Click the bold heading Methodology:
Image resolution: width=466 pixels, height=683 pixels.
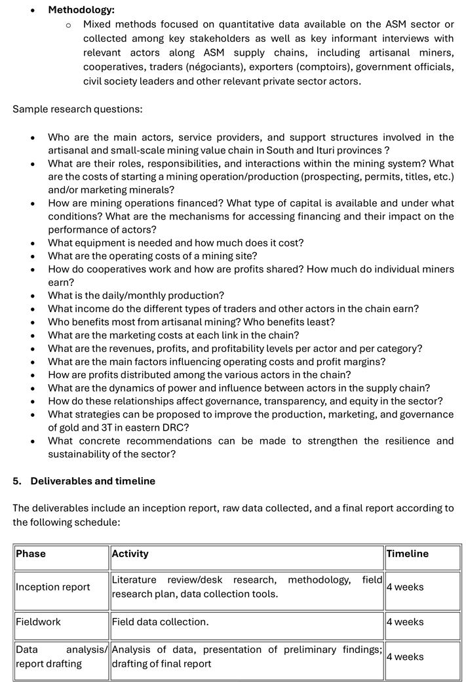click(x=81, y=10)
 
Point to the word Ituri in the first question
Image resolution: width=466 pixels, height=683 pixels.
click(x=340, y=150)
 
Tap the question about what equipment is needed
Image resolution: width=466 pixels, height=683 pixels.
click(x=176, y=243)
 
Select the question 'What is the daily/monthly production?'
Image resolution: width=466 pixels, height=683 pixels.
click(x=136, y=296)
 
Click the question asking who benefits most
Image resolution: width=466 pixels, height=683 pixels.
click(x=191, y=322)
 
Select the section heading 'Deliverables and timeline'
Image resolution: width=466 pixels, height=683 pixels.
click(x=92, y=481)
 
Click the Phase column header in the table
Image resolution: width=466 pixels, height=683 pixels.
click(x=31, y=554)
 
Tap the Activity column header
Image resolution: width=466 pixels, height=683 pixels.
click(x=130, y=554)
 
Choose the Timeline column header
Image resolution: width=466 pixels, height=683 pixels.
click(x=407, y=554)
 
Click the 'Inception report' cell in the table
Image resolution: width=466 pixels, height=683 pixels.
click(x=53, y=587)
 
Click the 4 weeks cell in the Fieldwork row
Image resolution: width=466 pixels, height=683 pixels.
click(x=405, y=621)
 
